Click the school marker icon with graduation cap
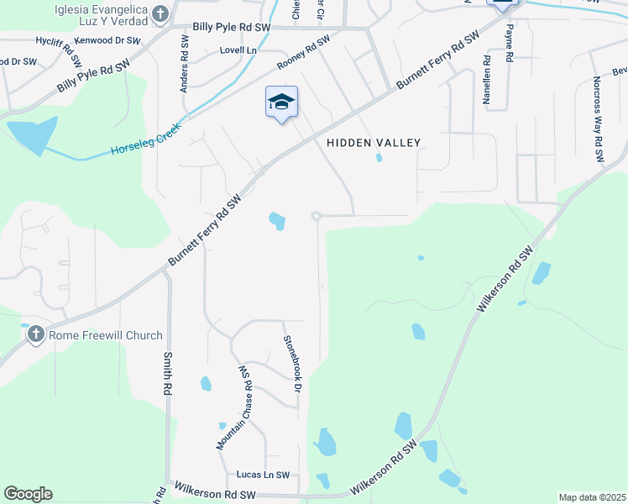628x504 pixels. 281,102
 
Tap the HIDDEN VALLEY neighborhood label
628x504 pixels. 373,143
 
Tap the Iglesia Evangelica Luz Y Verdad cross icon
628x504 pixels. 161,13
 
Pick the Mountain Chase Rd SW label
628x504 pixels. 233,407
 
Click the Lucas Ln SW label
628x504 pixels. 262,475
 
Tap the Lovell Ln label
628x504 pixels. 238,50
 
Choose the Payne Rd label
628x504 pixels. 509,44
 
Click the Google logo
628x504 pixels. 28,494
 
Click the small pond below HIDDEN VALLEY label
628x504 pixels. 379,157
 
